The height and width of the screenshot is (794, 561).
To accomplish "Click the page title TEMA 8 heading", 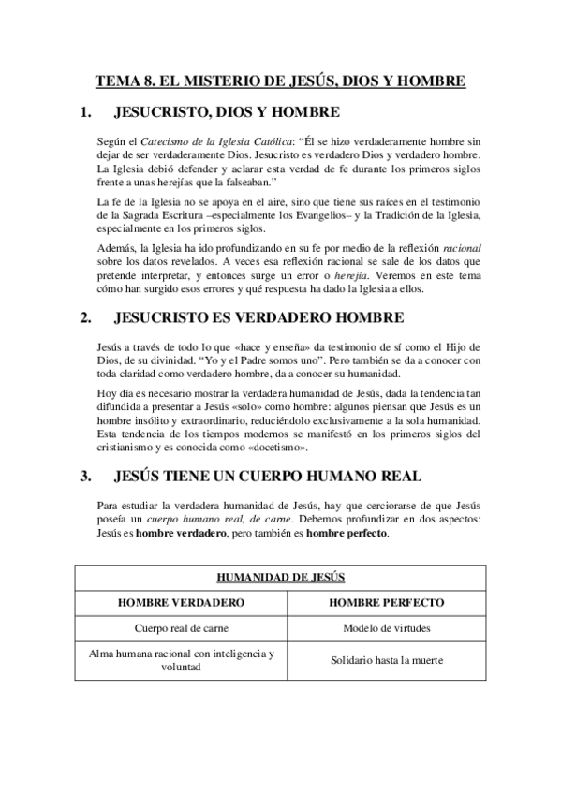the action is [x=280, y=81].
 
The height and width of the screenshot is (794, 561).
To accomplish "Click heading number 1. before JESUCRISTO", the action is [x=86, y=113].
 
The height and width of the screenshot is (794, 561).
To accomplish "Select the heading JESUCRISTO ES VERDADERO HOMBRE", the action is [x=258, y=316].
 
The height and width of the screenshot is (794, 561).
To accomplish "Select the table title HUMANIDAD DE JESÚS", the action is [x=280, y=578].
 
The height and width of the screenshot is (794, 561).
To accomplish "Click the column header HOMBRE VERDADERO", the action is [x=182, y=603].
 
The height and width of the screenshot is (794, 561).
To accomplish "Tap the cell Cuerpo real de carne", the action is [x=182, y=629].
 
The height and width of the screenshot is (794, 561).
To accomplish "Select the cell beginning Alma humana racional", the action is [x=182, y=660].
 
